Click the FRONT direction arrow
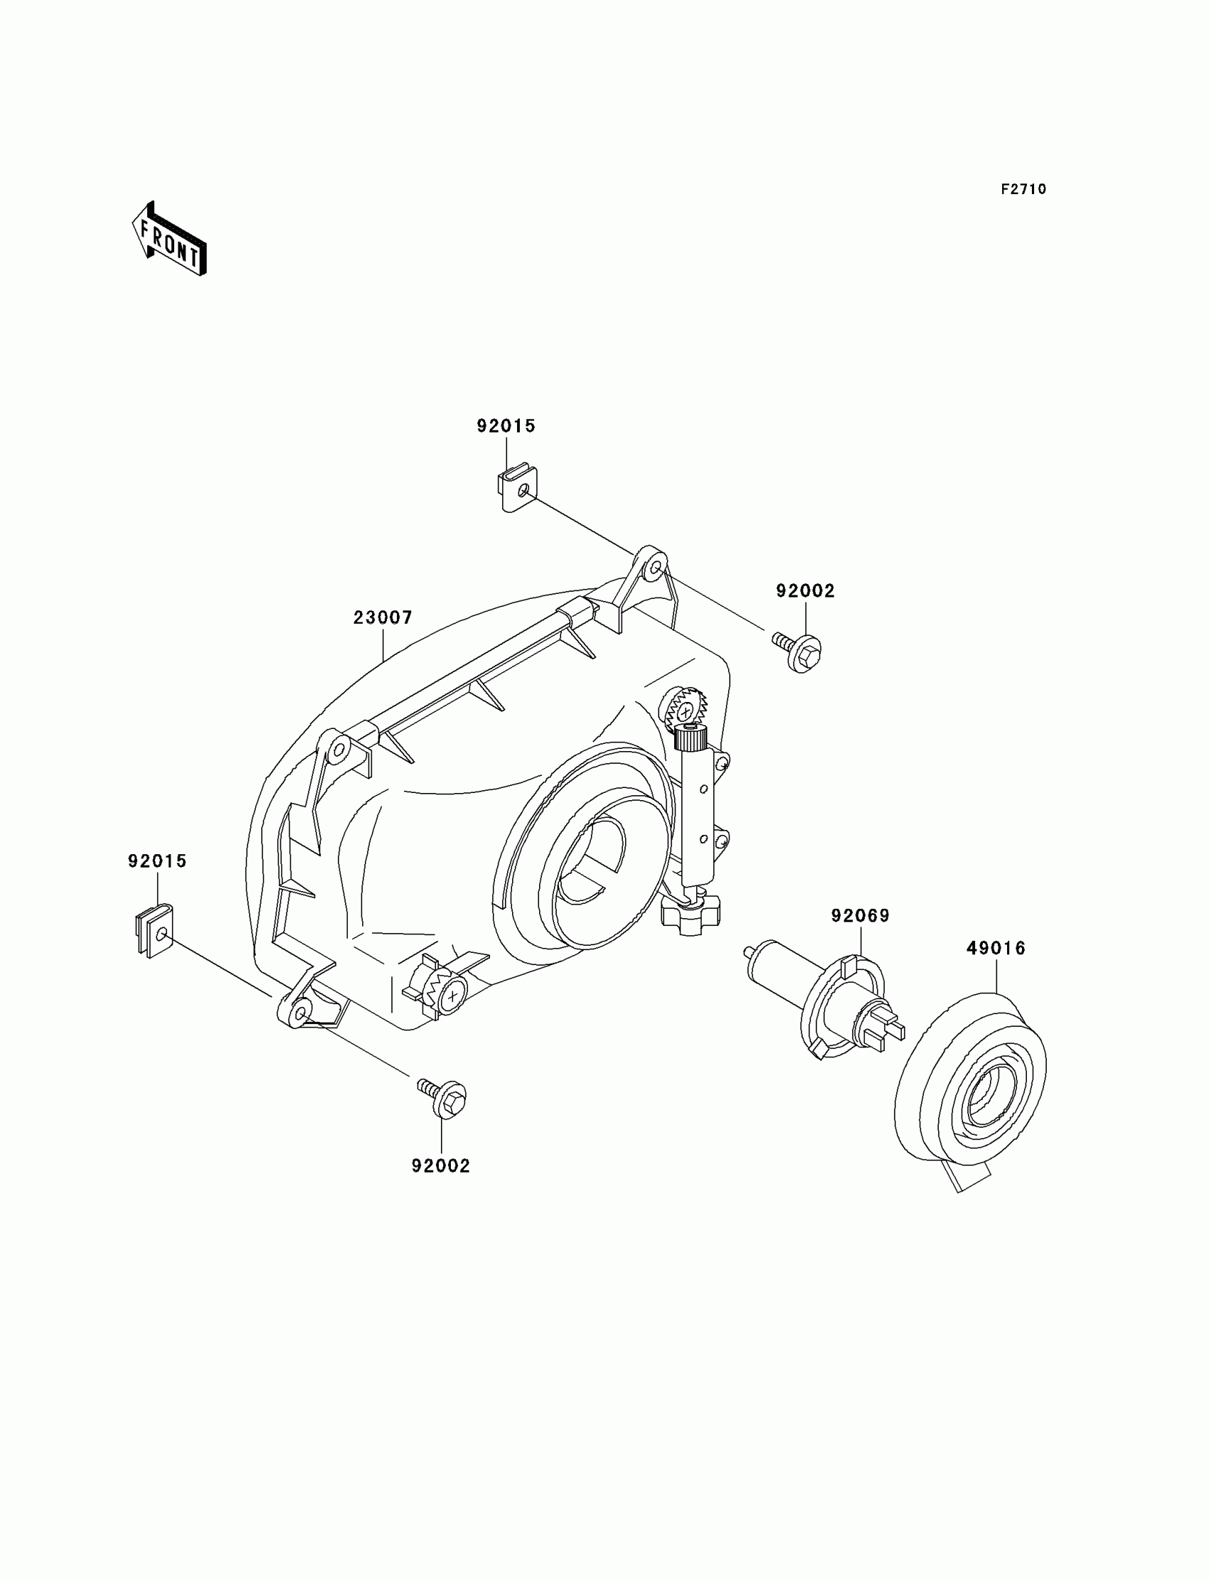170,240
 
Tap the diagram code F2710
1023,189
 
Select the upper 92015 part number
506,426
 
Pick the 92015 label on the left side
157,861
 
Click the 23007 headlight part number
383,617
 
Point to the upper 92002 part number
805,591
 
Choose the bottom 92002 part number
440,1166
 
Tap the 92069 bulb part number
860,916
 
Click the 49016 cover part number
996,949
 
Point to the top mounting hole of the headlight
654,568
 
